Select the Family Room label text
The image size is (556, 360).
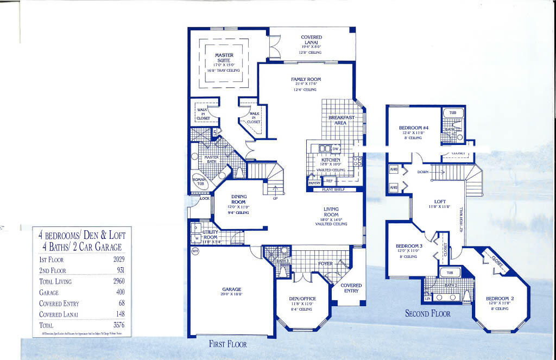[306, 79]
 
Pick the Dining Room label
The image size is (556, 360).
[239, 199]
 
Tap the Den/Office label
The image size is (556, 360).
[302, 299]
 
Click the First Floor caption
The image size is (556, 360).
[228, 344]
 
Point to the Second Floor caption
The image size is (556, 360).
[428, 313]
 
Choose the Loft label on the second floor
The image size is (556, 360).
[440, 200]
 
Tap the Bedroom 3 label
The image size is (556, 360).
[409, 245]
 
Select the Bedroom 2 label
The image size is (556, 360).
[500, 299]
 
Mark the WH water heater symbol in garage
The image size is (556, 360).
[195, 251]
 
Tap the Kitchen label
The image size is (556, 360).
[331, 160]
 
